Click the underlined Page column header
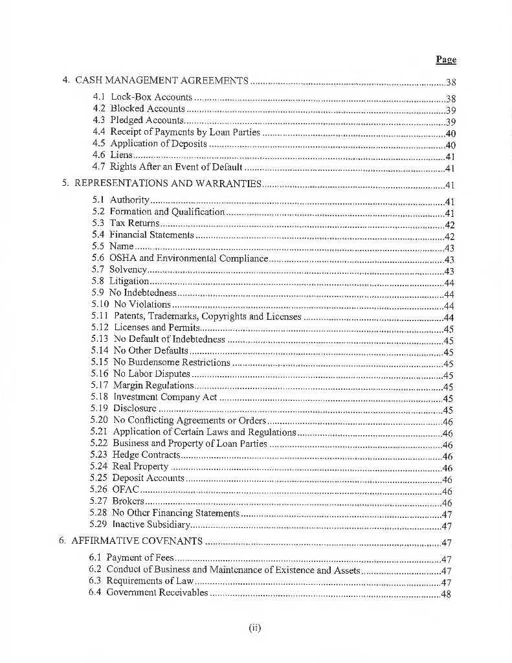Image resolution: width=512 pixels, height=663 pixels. click(446, 60)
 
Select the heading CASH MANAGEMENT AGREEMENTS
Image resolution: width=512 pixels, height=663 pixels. click(162, 81)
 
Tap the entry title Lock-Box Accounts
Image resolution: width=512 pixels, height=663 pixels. click(151, 97)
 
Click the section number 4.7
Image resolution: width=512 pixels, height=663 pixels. click(99, 166)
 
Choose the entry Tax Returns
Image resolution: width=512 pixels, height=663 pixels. click(134, 223)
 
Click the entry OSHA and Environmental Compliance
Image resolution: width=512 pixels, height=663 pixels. click(188, 258)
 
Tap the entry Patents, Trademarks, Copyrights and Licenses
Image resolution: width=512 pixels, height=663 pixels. click(208, 317)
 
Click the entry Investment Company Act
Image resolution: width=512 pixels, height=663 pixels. click(165, 398)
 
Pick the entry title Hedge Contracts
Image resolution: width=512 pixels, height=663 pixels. click(146, 455)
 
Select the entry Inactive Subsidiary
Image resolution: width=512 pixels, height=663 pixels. click(151, 525)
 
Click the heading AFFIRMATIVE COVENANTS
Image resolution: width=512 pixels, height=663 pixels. click(138, 541)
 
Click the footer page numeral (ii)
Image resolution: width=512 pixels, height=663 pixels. click(254, 627)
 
